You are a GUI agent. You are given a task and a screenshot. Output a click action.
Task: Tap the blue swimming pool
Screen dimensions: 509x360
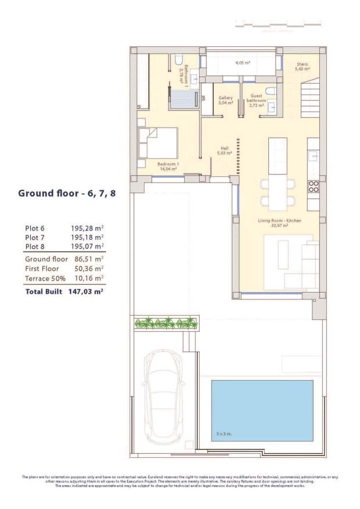(x=262, y=410)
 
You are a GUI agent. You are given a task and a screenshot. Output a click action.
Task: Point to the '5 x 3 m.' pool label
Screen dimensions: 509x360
(x=224, y=434)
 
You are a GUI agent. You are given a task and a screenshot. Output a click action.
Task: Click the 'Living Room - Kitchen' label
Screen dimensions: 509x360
(x=279, y=221)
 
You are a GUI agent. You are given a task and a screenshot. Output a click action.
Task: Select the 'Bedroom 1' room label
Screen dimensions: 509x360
(x=168, y=164)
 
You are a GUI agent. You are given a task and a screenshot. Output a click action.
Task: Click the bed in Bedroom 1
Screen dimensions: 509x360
(x=157, y=143)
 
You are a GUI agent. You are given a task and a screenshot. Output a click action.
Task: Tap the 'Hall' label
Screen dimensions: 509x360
(x=224, y=148)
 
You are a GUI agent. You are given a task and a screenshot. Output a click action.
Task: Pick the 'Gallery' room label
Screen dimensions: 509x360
(x=225, y=98)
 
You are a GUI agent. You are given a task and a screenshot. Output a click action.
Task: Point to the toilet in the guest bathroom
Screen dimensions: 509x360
(x=270, y=91)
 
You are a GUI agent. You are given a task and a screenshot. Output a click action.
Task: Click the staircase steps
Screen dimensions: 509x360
(x=310, y=98)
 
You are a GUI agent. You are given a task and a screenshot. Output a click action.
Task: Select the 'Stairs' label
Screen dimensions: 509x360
(x=302, y=65)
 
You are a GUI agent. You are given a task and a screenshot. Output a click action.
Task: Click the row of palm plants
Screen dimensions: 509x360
(x=166, y=323)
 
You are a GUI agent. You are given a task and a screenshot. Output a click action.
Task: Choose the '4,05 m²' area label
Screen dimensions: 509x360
(x=242, y=62)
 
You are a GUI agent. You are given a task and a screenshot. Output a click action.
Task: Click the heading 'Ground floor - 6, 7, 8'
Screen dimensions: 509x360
(x=67, y=193)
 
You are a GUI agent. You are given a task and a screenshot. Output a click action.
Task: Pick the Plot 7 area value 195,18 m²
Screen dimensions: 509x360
(x=87, y=237)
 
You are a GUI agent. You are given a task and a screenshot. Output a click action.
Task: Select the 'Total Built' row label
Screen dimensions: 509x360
(x=44, y=291)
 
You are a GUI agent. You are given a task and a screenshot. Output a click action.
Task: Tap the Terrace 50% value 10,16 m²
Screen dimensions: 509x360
(x=87, y=279)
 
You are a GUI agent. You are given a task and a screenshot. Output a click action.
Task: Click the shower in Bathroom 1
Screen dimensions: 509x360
(x=183, y=98)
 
